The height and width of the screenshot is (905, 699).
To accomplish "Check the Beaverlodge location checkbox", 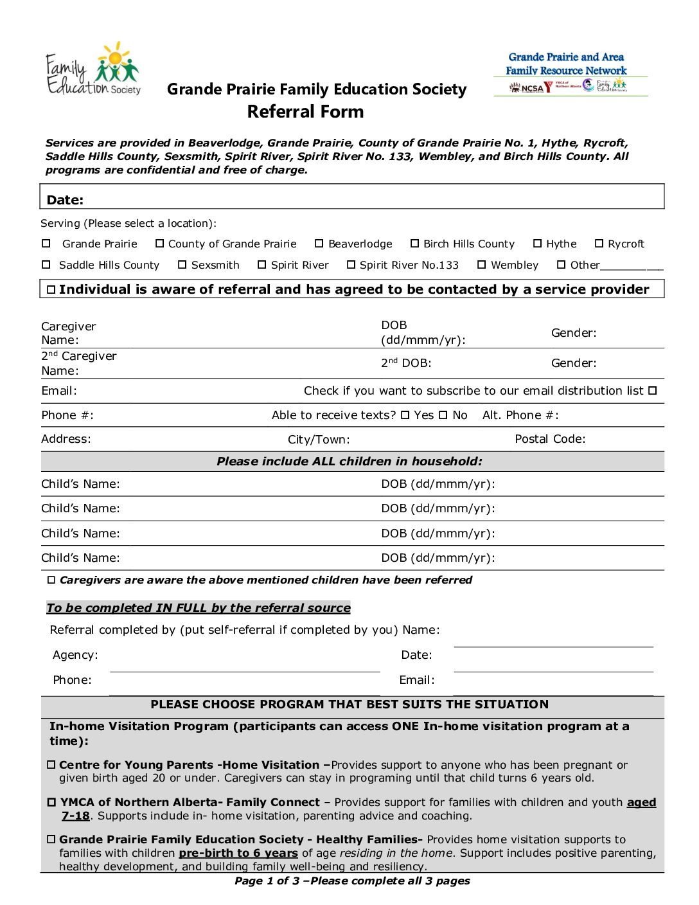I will [x=319, y=244].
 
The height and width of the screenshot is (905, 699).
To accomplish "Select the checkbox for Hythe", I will [x=538, y=244].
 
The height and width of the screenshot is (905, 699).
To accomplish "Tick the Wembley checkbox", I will [x=482, y=265].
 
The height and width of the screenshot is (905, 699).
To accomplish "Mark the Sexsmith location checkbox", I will [x=182, y=265].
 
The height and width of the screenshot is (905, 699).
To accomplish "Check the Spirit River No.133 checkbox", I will [x=351, y=265].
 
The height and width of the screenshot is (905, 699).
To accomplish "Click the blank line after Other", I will [x=632, y=266].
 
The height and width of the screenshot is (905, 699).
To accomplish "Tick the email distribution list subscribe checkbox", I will [x=653, y=391].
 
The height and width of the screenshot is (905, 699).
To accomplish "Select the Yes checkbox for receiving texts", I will [x=405, y=415].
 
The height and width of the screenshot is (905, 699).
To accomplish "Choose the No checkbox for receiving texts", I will [x=443, y=415].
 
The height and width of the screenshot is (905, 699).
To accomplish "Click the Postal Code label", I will [x=550, y=439].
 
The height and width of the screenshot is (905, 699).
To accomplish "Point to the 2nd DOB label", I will [x=406, y=363].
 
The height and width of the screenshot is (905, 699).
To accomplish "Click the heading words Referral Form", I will [x=305, y=112].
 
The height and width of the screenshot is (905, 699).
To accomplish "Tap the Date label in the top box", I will [x=65, y=200].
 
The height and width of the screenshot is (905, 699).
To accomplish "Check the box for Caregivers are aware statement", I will [x=51, y=580].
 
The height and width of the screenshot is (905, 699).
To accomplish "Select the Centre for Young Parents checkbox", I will [x=51, y=765].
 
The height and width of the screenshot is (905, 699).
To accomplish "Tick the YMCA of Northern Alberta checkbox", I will [x=52, y=802].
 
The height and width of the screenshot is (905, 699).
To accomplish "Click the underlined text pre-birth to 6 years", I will [x=238, y=853].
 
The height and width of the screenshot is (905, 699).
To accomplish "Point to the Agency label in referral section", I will [x=75, y=655].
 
